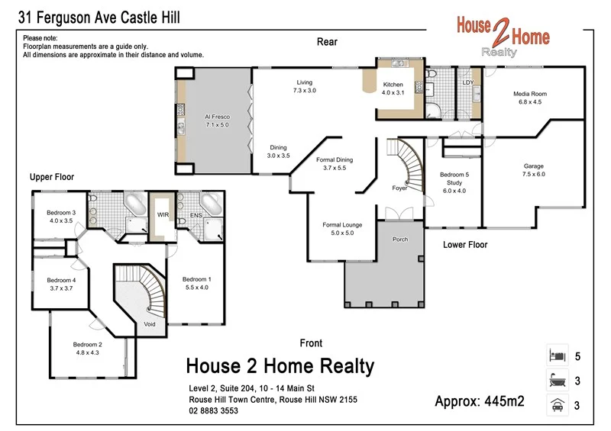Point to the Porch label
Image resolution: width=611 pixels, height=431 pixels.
click(x=400, y=240)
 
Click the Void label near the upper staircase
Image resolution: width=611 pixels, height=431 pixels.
click(x=150, y=324)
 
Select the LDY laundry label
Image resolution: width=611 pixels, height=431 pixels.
click(x=468, y=82)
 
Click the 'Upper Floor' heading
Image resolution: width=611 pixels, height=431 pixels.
click(x=52, y=177)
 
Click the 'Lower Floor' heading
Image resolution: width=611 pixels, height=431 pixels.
click(x=465, y=245)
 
